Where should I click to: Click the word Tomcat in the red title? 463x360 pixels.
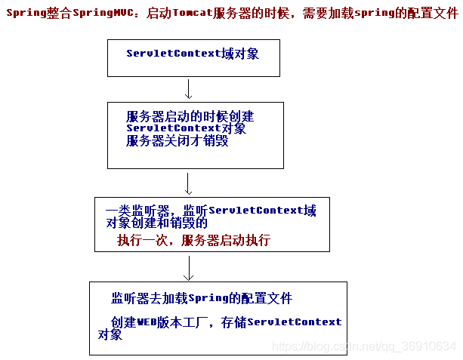[x=188, y=13]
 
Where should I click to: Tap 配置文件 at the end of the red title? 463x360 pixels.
[x=433, y=13]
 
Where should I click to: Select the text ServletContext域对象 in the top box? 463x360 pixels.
[x=193, y=54]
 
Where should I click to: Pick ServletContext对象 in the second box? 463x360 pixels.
[x=186, y=129]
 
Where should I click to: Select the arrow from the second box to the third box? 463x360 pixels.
[x=188, y=183]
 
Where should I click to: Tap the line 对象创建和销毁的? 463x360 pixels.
[x=152, y=223]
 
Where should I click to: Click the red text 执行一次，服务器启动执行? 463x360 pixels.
[x=193, y=241]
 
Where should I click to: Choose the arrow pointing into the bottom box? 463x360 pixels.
[x=189, y=266]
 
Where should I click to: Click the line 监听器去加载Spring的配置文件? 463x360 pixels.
[x=202, y=298]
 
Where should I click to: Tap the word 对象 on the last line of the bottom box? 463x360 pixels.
[x=110, y=334]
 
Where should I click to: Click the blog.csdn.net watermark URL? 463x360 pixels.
[x=364, y=346]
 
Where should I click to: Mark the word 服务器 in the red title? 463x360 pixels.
[x=235, y=13]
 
